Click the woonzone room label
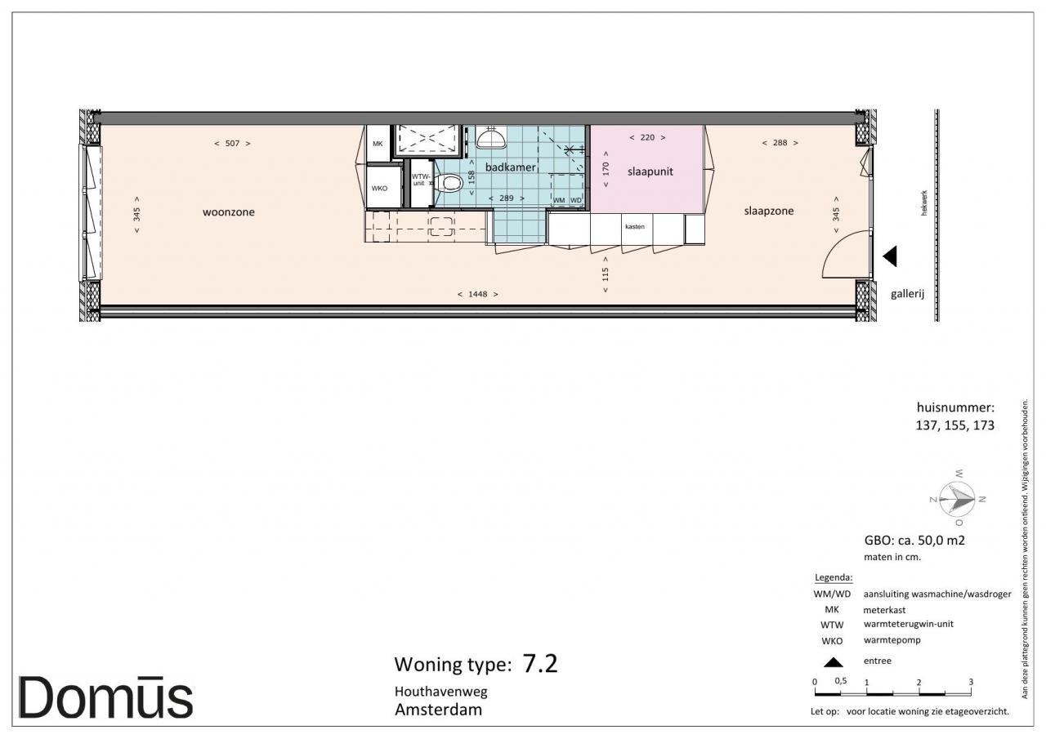tap(228, 212)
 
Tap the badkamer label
tap(510, 167)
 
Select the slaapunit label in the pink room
tap(650, 171)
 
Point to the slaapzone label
tap(769, 211)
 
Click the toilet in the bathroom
tap(449, 182)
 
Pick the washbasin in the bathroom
tap(491, 137)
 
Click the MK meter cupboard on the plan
tap(378, 143)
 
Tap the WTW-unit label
tap(420, 180)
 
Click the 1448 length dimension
tap(478, 295)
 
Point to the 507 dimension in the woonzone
tap(232, 144)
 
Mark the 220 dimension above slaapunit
tap(647, 138)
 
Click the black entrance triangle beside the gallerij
tap(890, 256)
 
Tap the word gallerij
tap(907, 294)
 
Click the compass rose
tap(957, 499)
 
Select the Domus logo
tap(105, 697)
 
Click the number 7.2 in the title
tap(540, 664)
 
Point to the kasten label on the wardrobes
tap(635, 227)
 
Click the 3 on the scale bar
tap(971, 682)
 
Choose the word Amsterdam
tap(439, 710)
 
